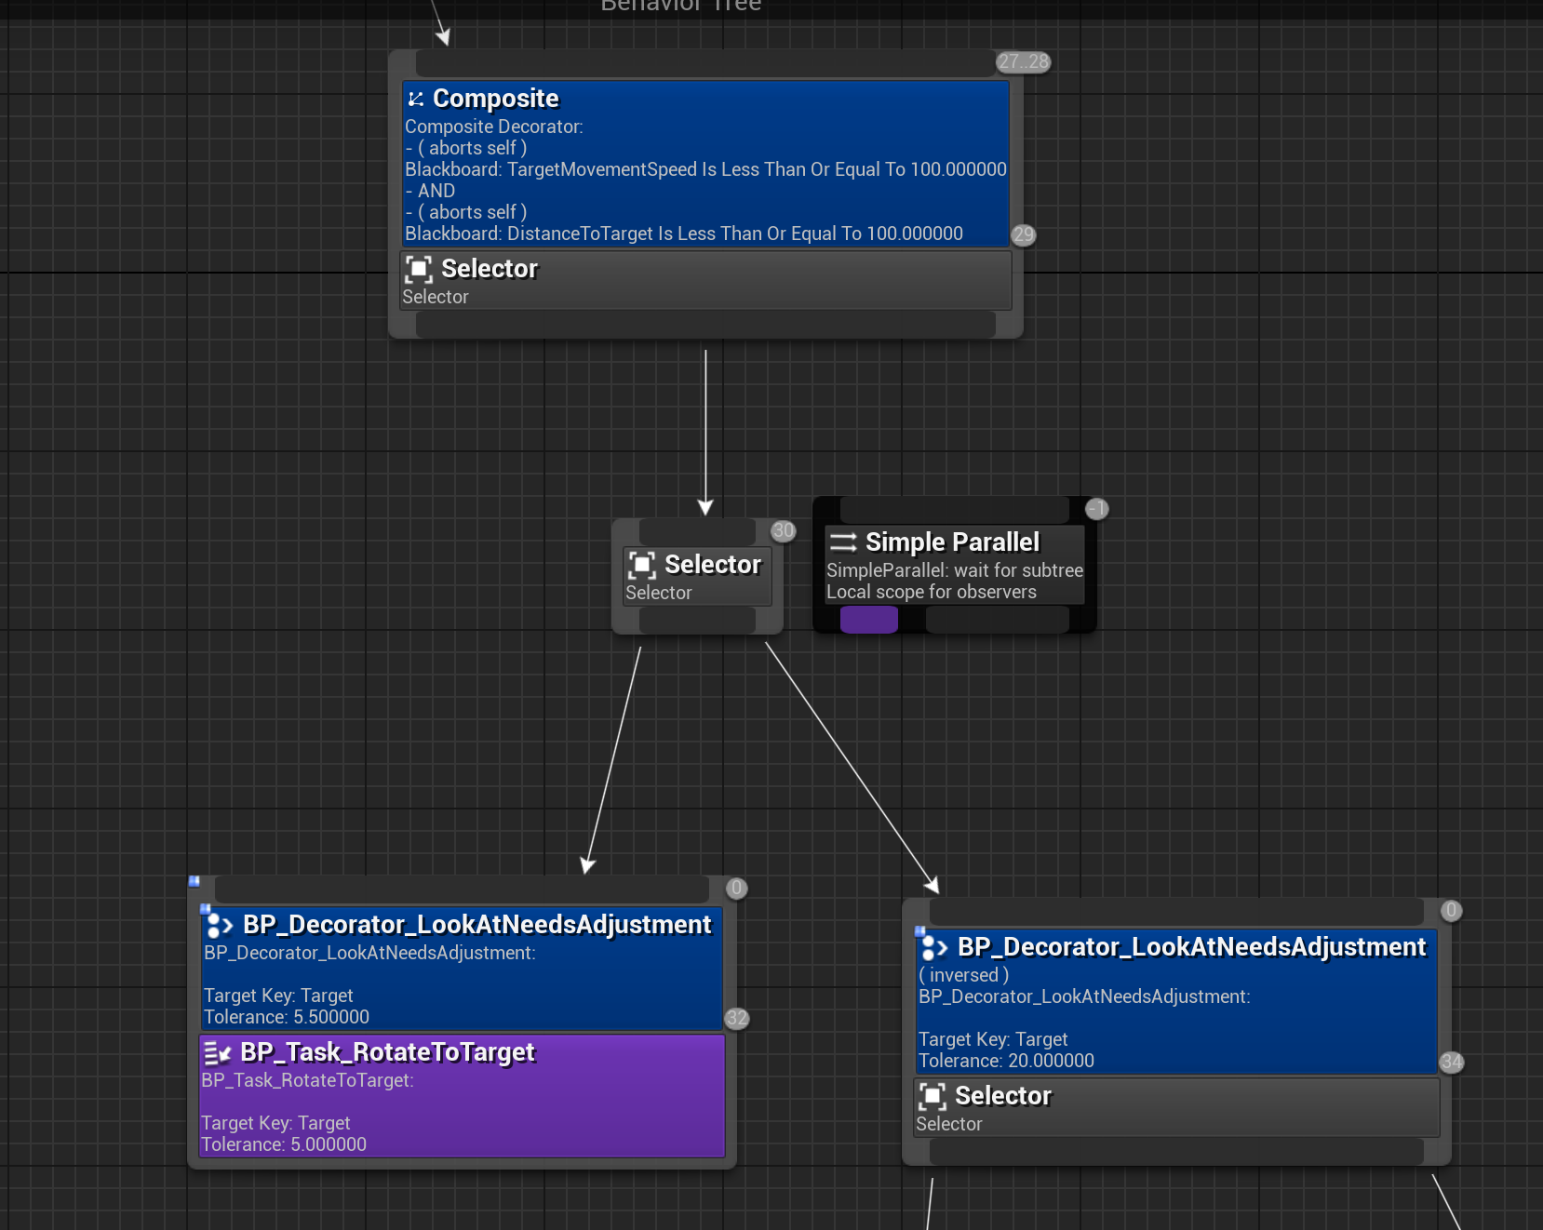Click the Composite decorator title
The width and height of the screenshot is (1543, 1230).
(495, 99)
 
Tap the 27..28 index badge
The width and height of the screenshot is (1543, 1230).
(1023, 62)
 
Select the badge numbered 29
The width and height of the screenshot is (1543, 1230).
(1024, 234)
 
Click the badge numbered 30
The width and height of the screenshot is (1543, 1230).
(784, 531)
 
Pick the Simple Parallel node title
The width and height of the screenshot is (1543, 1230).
(952, 542)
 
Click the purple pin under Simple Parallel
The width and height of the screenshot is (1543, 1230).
(869, 620)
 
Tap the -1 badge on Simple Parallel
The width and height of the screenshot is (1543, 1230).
(1097, 509)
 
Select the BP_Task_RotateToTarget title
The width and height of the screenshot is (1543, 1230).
(387, 1052)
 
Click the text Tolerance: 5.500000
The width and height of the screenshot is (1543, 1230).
(287, 1017)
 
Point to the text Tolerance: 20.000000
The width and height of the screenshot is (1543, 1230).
(1006, 1061)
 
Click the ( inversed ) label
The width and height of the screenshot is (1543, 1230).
(963, 975)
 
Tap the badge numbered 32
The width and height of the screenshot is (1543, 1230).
(737, 1018)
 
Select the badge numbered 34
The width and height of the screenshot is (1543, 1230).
(1451, 1062)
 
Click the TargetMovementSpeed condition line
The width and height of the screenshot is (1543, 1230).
(705, 169)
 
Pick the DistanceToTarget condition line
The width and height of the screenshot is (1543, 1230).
(683, 234)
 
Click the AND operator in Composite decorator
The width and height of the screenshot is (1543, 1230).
(436, 191)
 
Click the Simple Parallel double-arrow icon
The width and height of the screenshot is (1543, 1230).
(843, 542)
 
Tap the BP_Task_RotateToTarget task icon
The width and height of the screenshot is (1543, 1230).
(217, 1053)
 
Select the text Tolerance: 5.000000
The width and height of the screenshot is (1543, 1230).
(284, 1144)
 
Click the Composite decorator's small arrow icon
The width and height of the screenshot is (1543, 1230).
(416, 99)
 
